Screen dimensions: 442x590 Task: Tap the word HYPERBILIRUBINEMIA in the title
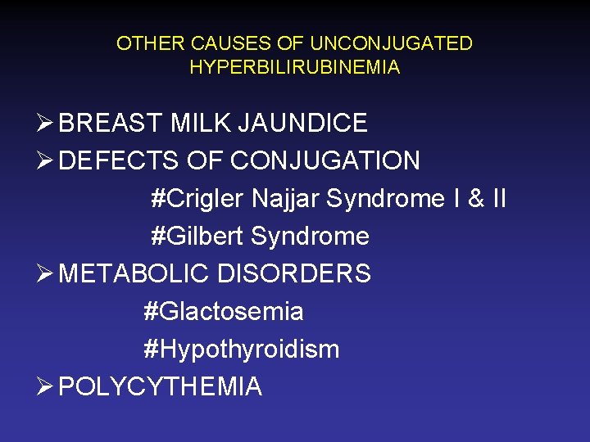pyautogui.click(x=295, y=67)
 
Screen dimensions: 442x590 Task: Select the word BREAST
pyautogui.click(x=111, y=123)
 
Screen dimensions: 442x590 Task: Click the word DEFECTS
pyautogui.click(x=119, y=160)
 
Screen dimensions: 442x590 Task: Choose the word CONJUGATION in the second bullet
pyautogui.click(x=325, y=160)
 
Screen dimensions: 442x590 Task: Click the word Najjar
pyautogui.click(x=286, y=199)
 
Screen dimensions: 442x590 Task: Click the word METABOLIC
pyautogui.click(x=134, y=273)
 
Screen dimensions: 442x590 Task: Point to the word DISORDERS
pyautogui.click(x=294, y=273)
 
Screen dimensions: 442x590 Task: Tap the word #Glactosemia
pyautogui.click(x=223, y=312)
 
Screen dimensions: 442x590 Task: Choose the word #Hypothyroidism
pyautogui.click(x=241, y=350)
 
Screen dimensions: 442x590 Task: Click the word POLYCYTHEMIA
pyautogui.click(x=161, y=386)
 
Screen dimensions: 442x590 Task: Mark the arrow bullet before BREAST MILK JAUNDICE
pyautogui.click(x=46, y=124)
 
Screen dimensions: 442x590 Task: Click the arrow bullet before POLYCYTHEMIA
pyautogui.click(x=46, y=387)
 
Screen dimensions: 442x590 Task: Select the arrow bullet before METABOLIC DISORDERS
pyautogui.click(x=46, y=274)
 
